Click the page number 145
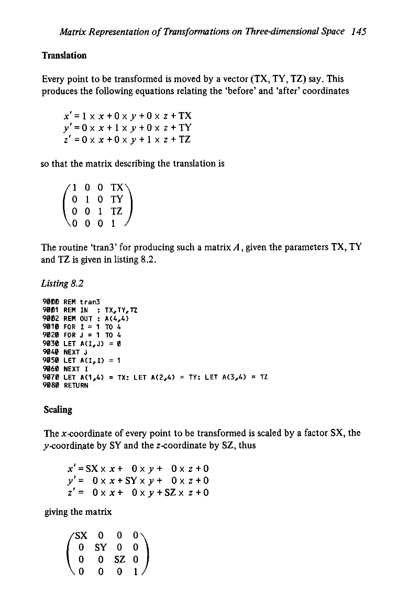358,31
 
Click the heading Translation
64,55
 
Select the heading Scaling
58,410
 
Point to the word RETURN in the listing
76,387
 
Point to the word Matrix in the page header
74,31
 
